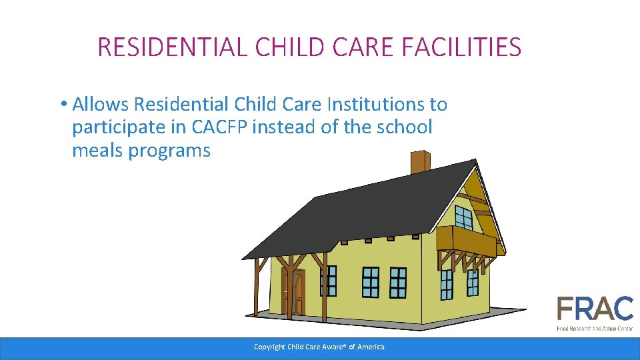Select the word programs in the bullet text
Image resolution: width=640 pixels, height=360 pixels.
pos(169,151)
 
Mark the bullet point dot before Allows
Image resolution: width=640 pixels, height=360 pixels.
pos(62,105)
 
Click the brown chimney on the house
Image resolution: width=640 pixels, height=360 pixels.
pos(420,162)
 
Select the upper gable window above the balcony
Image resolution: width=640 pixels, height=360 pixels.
pos(463,216)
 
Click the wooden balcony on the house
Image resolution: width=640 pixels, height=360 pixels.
pos(467,241)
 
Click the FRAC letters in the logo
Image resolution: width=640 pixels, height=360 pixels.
pos(595,309)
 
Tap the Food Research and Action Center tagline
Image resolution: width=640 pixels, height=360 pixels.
pos(595,328)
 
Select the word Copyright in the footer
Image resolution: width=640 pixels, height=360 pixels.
pos(269,347)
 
